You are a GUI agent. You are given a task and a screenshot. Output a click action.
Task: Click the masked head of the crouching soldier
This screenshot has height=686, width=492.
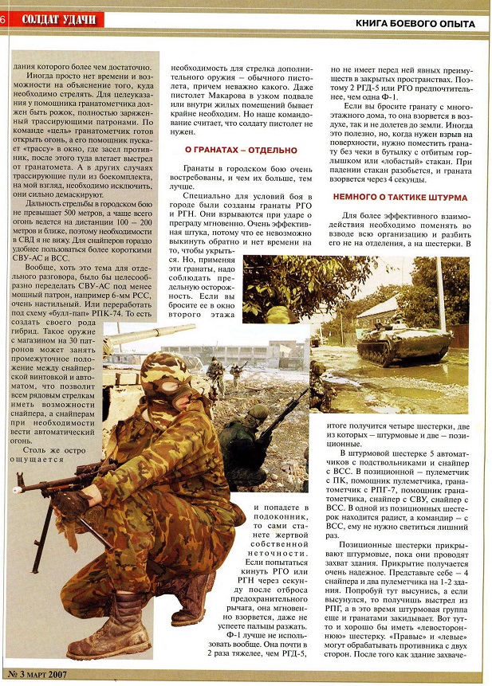(166, 381)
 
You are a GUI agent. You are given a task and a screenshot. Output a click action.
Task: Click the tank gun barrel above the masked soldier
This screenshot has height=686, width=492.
(148, 333)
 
